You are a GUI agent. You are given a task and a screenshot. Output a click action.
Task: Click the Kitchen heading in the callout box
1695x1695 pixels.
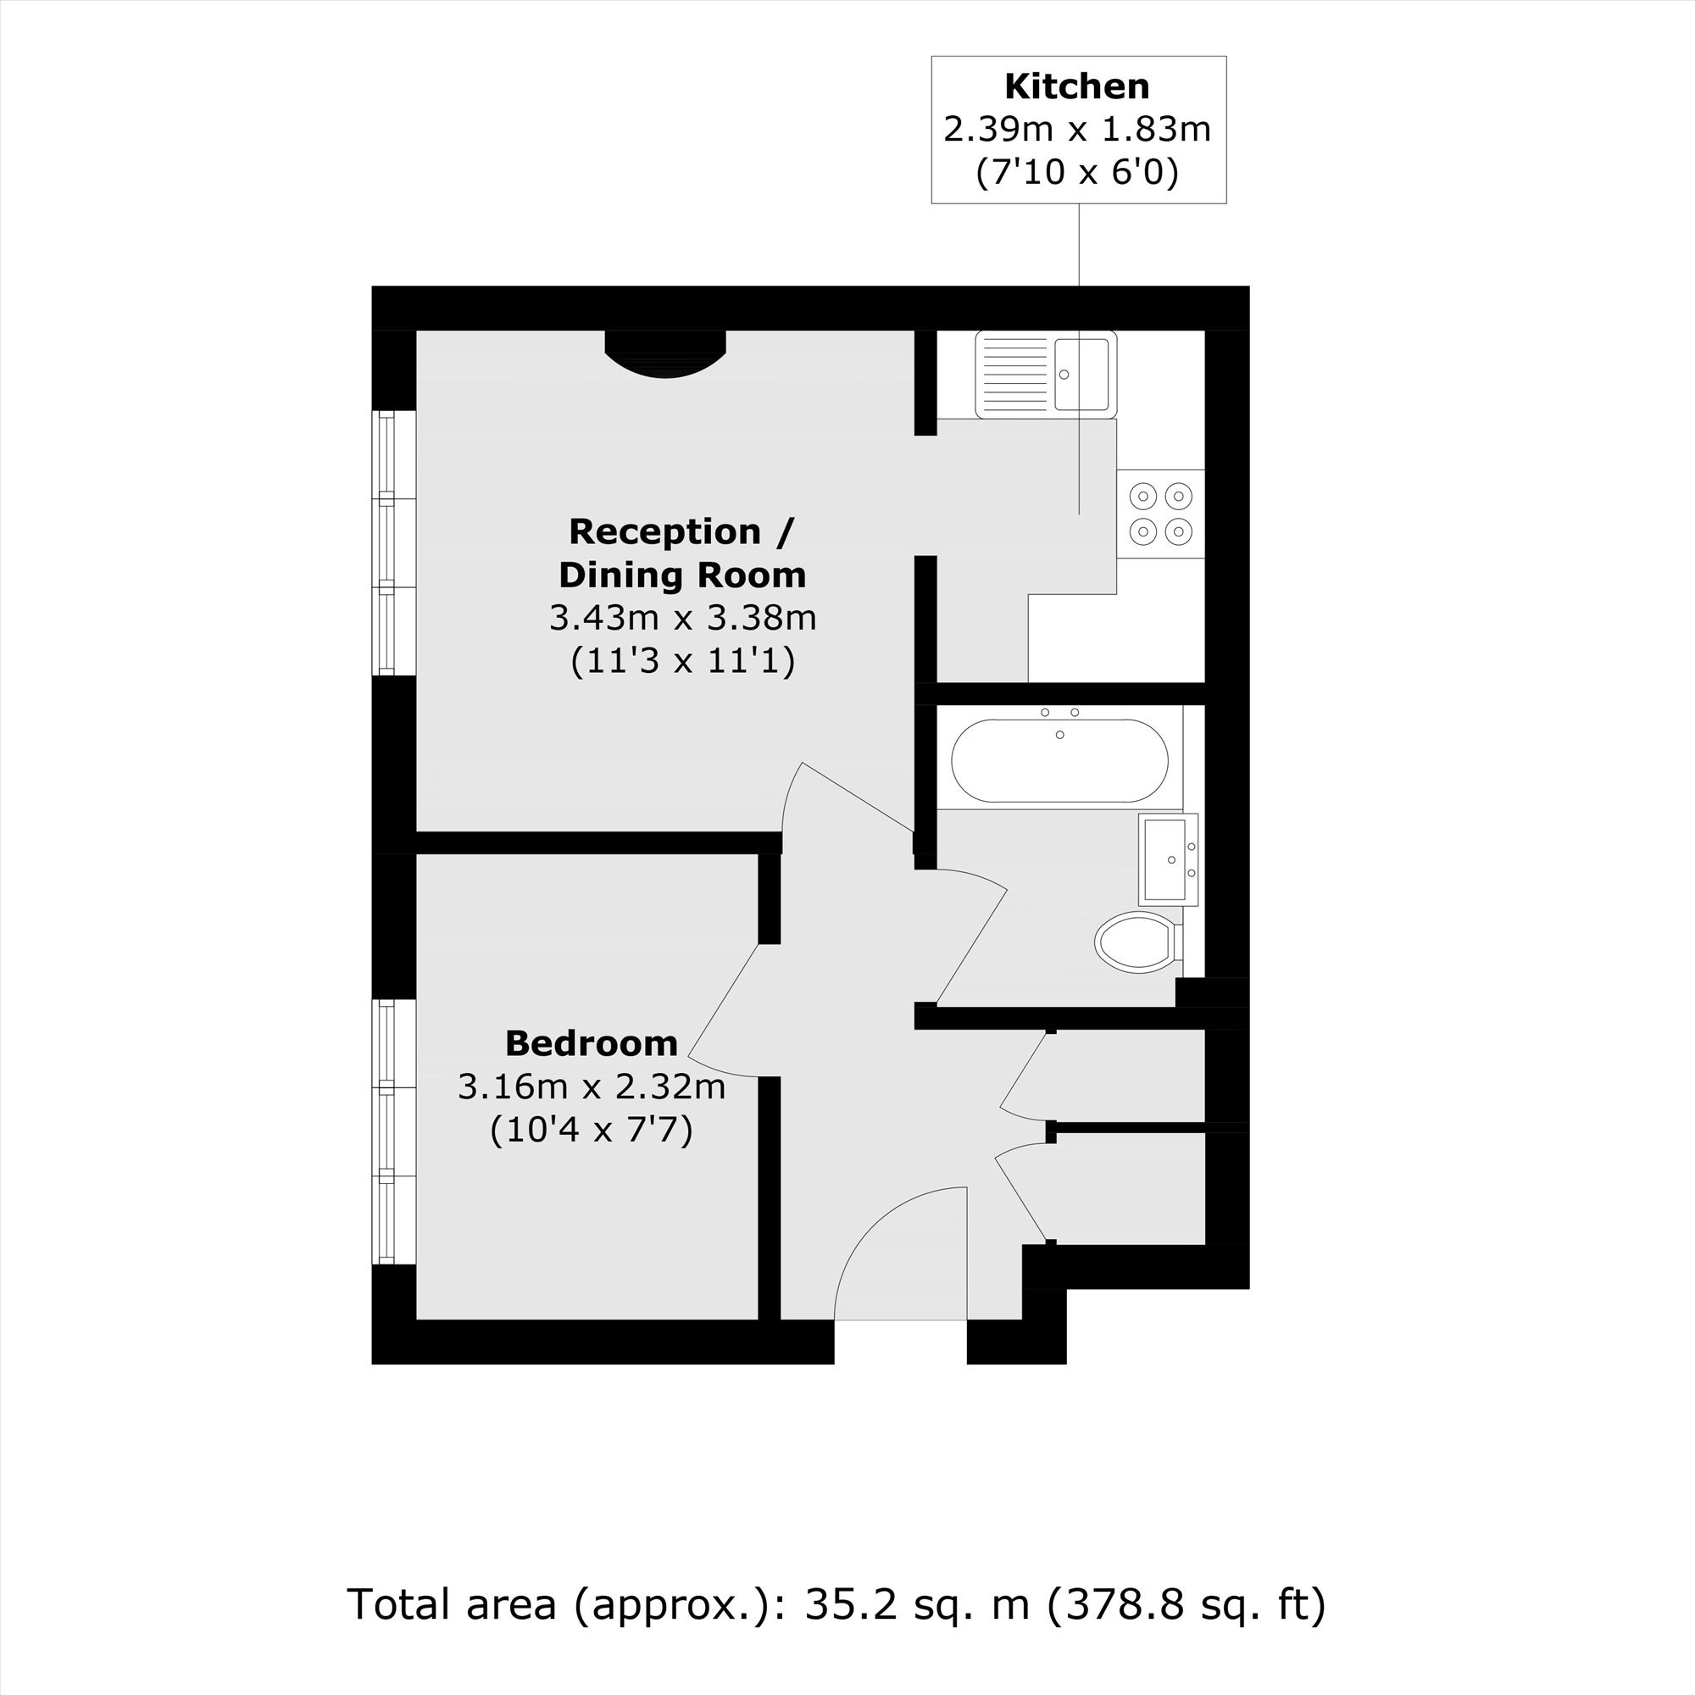click(x=1076, y=86)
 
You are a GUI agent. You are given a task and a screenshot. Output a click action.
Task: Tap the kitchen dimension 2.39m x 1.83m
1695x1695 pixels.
click(x=1076, y=129)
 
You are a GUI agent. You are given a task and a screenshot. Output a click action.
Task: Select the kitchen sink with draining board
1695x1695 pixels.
click(x=1046, y=375)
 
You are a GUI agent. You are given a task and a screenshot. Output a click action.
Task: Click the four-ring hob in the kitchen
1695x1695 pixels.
click(x=1161, y=514)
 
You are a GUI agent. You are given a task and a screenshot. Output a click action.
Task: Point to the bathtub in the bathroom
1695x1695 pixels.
click(x=1060, y=759)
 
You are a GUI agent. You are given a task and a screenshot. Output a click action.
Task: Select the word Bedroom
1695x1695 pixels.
click(x=592, y=1043)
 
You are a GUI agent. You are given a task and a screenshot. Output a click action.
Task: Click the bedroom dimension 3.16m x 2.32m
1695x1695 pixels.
click(x=592, y=1087)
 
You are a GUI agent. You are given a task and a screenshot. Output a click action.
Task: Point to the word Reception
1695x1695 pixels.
click(x=665, y=531)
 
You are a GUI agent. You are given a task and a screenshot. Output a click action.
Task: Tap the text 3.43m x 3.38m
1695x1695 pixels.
click(x=682, y=618)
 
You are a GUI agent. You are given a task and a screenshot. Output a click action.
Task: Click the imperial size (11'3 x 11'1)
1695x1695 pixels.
click(x=682, y=661)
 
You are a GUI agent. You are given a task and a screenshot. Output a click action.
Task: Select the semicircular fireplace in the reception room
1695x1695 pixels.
click(x=666, y=353)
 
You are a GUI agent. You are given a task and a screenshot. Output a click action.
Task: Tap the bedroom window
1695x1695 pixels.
click(x=394, y=1131)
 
